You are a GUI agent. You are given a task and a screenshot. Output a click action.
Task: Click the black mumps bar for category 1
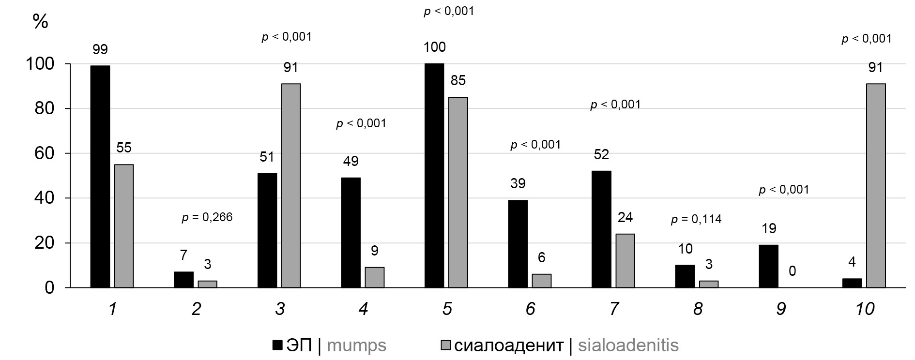tap(100, 177)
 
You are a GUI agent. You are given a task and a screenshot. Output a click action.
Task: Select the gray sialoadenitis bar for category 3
tap(291, 186)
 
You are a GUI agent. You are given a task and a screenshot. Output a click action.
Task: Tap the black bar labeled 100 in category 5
tap(434, 176)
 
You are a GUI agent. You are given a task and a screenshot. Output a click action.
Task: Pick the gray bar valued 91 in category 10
tap(876, 186)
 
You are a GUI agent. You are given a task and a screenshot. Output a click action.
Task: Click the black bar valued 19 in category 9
tap(769, 266)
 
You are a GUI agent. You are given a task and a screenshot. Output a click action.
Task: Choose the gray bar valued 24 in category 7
tap(625, 261)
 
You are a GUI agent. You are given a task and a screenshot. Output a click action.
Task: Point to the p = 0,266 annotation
tap(207, 218)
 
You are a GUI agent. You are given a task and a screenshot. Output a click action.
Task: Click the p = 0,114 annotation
tap(696, 220)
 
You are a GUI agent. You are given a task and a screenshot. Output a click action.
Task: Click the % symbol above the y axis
tap(40, 21)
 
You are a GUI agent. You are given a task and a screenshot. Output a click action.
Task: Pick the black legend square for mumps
tap(277, 345)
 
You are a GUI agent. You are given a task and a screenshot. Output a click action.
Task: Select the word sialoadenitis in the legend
tap(628, 345)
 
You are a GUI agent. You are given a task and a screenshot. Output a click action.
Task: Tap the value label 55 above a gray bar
tap(124, 148)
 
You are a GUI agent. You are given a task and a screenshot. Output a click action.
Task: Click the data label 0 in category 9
tap(793, 270)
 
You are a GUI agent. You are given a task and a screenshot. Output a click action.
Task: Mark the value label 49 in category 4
tap(351, 161)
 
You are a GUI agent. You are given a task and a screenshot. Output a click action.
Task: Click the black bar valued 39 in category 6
tap(518, 244)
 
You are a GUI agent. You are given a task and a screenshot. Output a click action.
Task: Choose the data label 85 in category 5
tap(458, 80)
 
